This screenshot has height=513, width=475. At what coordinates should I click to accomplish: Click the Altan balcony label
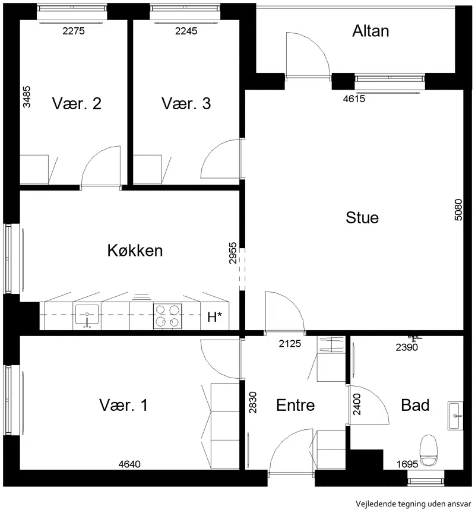370,31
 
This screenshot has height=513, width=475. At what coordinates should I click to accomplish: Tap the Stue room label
362,218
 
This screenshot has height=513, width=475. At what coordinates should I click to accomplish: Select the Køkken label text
135,251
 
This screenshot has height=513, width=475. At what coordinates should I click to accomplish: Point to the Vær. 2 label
77,103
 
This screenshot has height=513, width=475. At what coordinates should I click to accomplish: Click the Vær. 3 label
186,103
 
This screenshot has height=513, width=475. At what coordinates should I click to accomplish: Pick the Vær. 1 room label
123,405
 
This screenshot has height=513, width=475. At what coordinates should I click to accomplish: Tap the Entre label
296,406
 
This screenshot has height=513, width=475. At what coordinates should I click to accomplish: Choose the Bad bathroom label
415,406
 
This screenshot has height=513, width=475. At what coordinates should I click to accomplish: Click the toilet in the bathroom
429,451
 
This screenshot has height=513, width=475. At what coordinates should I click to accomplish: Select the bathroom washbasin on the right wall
455,416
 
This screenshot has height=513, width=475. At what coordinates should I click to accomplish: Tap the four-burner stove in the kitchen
167,316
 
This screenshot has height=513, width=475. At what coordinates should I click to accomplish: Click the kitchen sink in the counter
87,316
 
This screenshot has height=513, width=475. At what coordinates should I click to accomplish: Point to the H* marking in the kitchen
214,317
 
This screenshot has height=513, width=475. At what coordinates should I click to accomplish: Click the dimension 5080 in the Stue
458,210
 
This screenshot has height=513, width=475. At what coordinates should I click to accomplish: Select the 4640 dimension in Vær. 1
129,464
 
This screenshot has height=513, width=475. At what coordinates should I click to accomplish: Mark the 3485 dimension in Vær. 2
27,97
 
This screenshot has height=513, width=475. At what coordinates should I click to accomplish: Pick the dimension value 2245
186,31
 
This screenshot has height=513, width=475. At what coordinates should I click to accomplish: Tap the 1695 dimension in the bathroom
407,464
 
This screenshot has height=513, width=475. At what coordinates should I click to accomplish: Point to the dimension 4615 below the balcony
354,99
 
